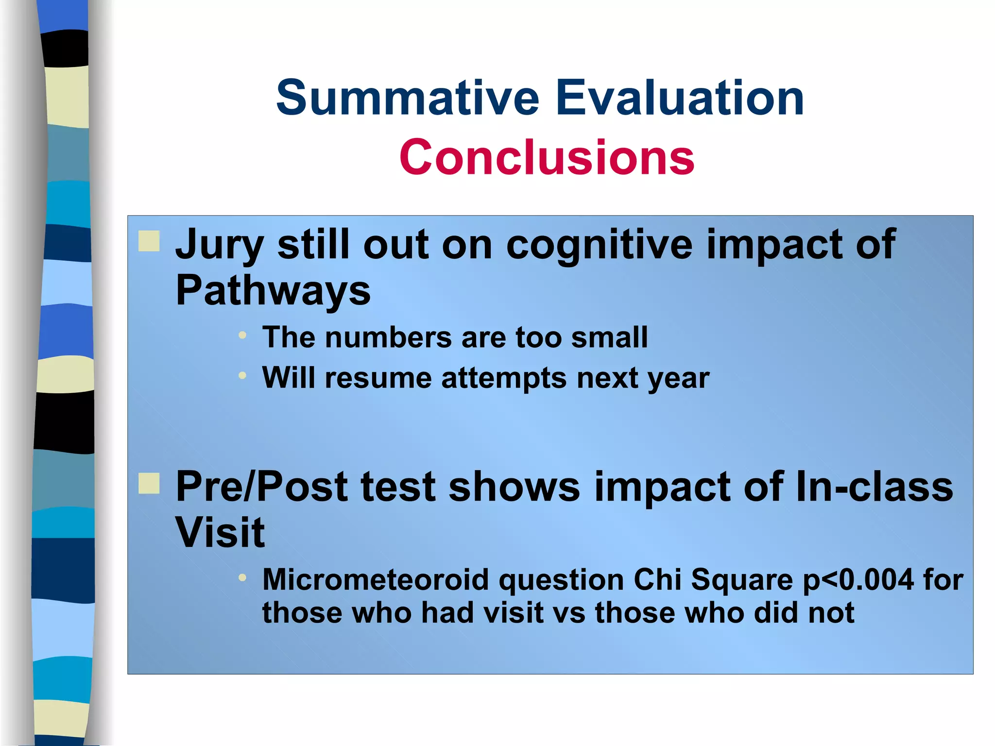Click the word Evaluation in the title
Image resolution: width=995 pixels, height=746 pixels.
[x=680, y=99]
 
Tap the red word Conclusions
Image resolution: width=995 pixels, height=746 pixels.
[x=547, y=157]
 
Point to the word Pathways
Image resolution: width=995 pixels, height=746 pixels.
[x=273, y=290]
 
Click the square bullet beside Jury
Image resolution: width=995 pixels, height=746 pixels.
[x=149, y=241]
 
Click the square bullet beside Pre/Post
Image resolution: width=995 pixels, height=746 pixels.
[x=149, y=483]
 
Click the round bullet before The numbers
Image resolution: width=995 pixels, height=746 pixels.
[x=242, y=335]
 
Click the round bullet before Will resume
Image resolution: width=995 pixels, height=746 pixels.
[x=242, y=375]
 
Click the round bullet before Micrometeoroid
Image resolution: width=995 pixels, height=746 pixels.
[x=242, y=577]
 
